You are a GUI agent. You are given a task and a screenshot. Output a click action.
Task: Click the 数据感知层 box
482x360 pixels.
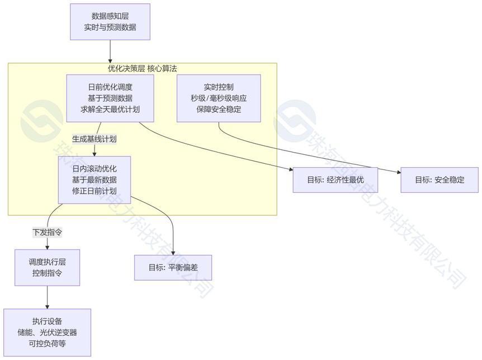[x=110, y=22]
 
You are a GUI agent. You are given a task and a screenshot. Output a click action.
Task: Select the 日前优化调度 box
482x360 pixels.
[x=110, y=98]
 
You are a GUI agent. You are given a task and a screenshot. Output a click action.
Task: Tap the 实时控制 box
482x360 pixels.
[x=219, y=98]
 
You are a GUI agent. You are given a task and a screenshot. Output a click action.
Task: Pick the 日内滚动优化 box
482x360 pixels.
[x=94, y=180]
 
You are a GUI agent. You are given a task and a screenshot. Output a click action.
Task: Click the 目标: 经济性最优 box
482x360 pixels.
[x=335, y=180]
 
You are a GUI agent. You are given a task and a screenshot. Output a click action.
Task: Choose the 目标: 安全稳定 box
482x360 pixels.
[x=440, y=180]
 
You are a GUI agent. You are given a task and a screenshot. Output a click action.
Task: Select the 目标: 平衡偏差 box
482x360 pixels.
[x=173, y=267]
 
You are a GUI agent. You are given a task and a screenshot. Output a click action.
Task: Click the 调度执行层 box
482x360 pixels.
[x=48, y=267]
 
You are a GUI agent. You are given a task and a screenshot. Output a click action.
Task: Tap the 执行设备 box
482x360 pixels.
[x=48, y=333]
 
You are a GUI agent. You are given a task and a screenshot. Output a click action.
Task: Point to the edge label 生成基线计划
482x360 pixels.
[x=94, y=139]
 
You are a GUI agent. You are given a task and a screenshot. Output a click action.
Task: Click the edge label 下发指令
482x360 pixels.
[x=48, y=232]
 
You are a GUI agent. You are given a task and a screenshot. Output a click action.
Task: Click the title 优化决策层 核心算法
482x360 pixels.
[x=143, y=68]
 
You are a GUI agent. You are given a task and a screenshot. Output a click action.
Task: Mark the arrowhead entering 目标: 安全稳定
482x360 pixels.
[x=399, y=172]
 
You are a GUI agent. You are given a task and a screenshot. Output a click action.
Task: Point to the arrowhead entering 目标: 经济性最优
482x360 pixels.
[x=291, y=169]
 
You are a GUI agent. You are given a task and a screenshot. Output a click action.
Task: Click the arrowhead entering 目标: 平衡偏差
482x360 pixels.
[x=173, y=253]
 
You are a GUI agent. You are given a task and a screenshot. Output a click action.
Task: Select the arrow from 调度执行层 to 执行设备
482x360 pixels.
[x=48, y=297]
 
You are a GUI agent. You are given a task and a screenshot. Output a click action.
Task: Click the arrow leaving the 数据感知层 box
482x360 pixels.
[x=110, y=51]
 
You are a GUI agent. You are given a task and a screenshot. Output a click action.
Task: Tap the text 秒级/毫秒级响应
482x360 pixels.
[x=219, y=98]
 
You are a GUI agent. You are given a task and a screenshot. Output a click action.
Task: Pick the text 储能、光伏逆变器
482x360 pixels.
[x=48, y=333]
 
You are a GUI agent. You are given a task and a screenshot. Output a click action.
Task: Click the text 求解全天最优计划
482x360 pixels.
[x=110, y=110]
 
